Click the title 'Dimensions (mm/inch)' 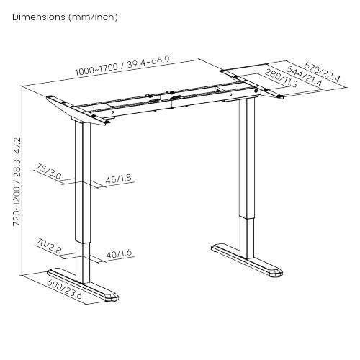click(x=66, y=16)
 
